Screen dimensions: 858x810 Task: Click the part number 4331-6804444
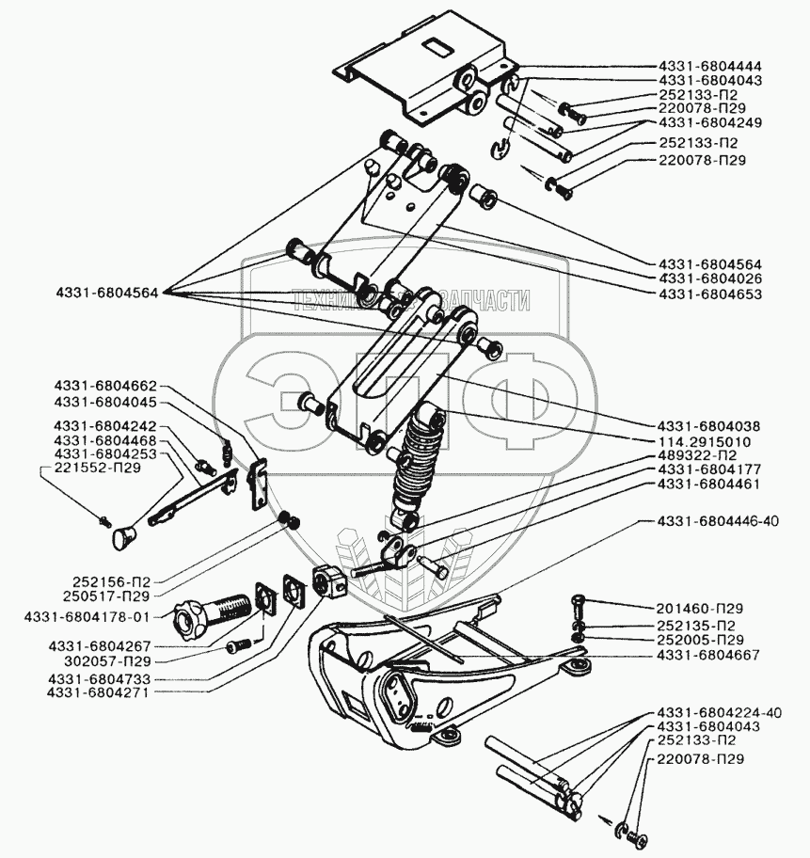pos(709,66)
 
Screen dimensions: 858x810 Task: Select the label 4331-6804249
pos(709,122)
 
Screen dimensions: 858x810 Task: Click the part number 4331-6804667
pos(709,654)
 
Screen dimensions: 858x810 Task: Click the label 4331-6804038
pos(709,425)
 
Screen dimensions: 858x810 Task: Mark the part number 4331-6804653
pos(709,294)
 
